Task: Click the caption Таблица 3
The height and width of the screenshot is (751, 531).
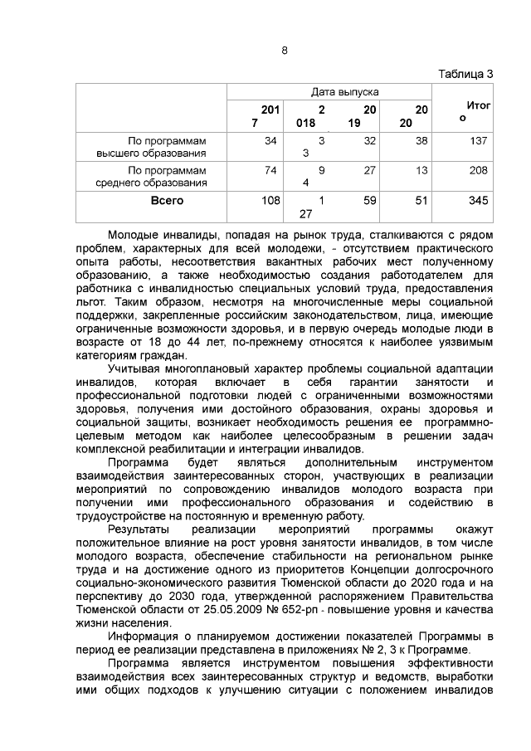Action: pos(465,74)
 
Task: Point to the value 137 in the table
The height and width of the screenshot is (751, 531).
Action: pos(477,141)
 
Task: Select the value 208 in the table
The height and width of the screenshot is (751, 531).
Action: pos(477,170)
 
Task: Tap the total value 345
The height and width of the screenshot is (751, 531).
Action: pos(477,201)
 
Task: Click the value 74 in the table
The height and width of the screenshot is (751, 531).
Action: pos(270,170)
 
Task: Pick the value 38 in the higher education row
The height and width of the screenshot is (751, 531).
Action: pos(421,141)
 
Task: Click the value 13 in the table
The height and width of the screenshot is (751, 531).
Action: pos(421,170)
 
